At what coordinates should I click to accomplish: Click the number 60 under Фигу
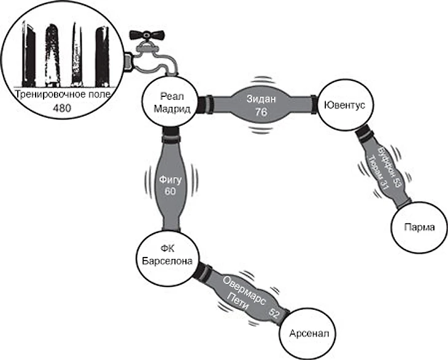170,191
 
